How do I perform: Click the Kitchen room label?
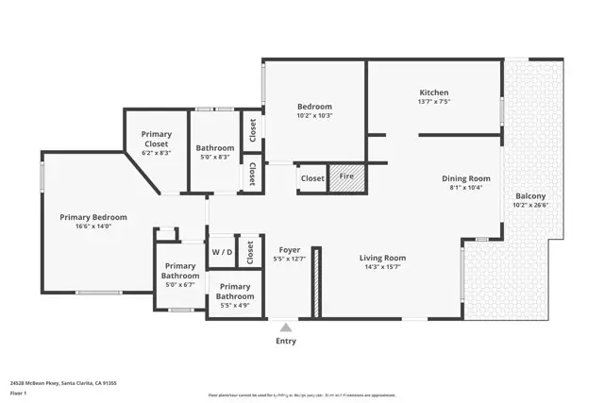click(433, 92)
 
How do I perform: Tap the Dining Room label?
click(466, 177)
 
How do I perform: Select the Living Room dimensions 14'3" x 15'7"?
click(382, 267)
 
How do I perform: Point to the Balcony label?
click(529, 195)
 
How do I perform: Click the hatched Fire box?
click(346, 177)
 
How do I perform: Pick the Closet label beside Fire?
click(312, 177)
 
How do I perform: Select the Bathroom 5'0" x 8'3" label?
click(215, 148)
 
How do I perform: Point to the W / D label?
click(222, 252)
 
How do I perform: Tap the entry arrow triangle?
click(285, 327)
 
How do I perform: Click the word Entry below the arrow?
click(285, 341)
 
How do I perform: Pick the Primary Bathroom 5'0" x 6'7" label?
click(179, 271)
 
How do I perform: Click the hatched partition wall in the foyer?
click(318, 282)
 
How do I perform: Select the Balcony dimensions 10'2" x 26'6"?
click(529, 205)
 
